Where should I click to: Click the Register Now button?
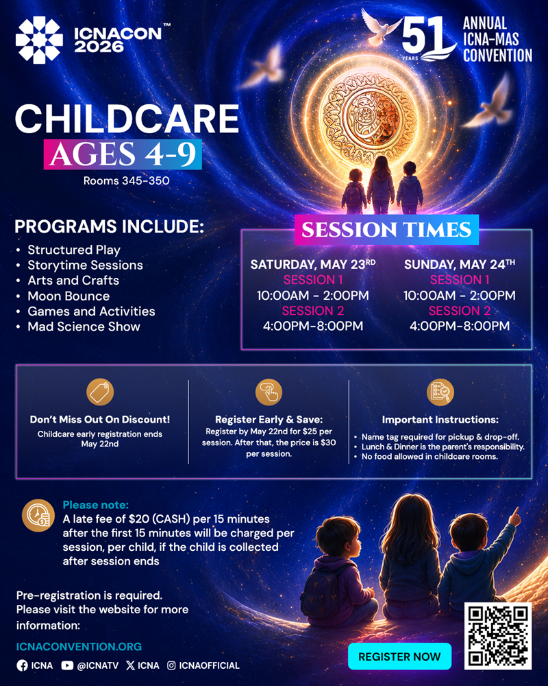(399, 657)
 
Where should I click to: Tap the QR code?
(498, 636)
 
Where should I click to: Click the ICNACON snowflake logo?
(39, 40)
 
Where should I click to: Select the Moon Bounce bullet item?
(68, 296)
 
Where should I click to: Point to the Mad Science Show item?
(84, 327)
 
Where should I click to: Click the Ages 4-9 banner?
(123, 154)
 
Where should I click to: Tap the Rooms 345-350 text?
(126, 180)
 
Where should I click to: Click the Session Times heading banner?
(387, 230)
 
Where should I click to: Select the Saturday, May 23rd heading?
(313, 264)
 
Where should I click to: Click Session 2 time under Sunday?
(459, 326)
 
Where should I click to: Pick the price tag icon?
(100, 392)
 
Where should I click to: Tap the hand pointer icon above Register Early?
(269, 392)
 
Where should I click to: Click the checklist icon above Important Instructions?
(440, 392)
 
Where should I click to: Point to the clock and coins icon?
(38, 515)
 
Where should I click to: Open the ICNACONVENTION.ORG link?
(79, 647)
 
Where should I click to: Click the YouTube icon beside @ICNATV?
(67, 665)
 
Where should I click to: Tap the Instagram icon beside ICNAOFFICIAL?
(172, 665)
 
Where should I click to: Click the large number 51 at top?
(422, 37)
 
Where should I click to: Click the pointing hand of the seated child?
(515, 517)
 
